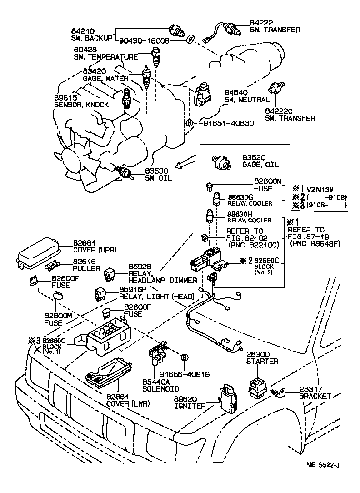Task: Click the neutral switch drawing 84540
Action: tap(204, 96)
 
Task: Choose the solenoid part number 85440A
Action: tap(156, 382)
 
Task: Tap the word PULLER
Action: tap(87, 268)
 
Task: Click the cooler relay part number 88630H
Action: tap(240, 213)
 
